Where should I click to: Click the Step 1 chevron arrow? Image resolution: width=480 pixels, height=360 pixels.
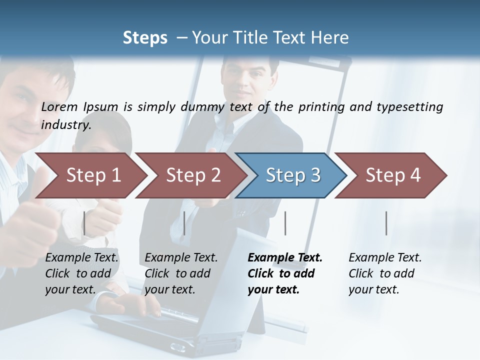tap(93, 175)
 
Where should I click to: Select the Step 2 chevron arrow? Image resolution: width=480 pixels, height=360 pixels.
tap(193, 175)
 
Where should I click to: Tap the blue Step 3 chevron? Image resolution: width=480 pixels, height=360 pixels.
tap(293, 175)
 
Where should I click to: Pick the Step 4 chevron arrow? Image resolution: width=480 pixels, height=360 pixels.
tap(393, 175)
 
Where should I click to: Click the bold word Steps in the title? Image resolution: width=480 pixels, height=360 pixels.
tap(145, 38)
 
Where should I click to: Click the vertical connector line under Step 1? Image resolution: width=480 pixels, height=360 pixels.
tap(84, 223)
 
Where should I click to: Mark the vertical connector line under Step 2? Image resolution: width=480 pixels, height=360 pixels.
tap(184, 223)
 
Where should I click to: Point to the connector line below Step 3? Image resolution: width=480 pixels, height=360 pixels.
tap(285, 223)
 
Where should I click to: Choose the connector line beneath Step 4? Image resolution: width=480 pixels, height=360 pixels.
tap(386, 223)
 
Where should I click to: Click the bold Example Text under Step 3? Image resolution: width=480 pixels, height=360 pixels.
tap(285, 257)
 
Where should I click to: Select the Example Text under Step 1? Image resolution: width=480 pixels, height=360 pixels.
tap(82, 257)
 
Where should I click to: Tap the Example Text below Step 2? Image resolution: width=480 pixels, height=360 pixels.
tap(181, 257)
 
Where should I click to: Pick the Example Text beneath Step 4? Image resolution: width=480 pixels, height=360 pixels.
tap(385, 257)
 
